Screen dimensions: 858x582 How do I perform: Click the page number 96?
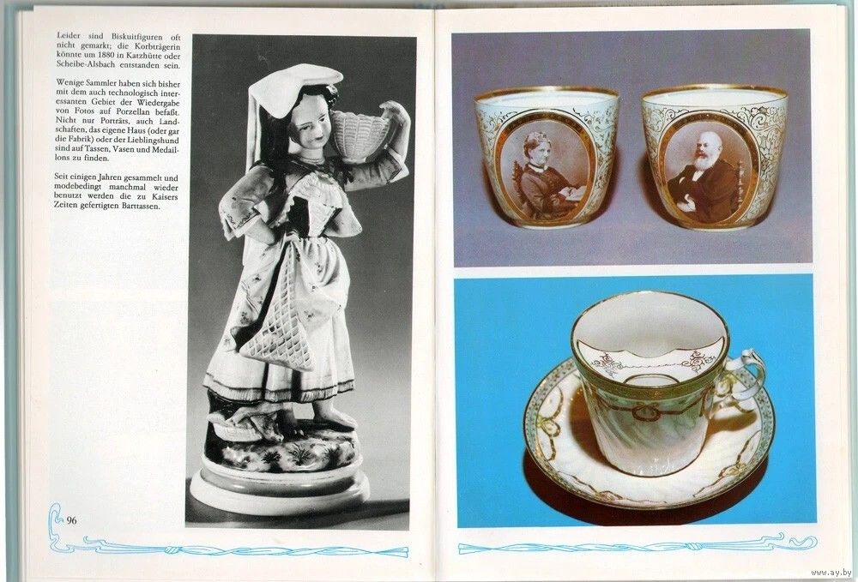(72, 520)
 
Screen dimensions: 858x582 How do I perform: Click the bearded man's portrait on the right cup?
(707, 172)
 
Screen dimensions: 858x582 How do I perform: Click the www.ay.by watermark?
(831, 573)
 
